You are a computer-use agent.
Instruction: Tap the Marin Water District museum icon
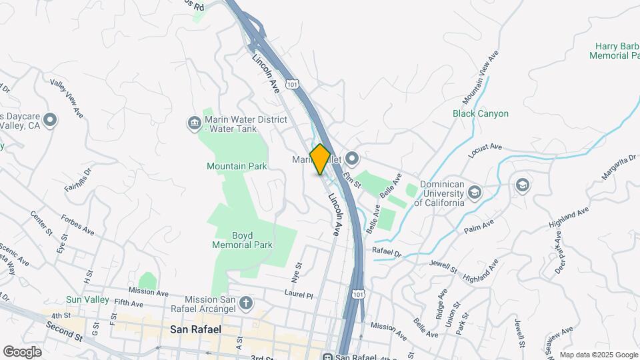click(x=194, y=122)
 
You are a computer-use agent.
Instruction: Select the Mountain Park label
click(x=237, y=165)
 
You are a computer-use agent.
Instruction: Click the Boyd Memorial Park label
click(x=242, y=240)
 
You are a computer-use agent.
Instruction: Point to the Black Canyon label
click(x=481, y=113)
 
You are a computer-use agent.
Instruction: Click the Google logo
click(x=22, y=351)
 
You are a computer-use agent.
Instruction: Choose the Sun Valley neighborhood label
click(x=87, y=299)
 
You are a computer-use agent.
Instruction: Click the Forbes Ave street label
click(x=77, y=224)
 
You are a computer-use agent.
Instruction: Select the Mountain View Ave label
click(x=480, y=77)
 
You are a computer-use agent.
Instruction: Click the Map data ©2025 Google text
click(x=598, y=355)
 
